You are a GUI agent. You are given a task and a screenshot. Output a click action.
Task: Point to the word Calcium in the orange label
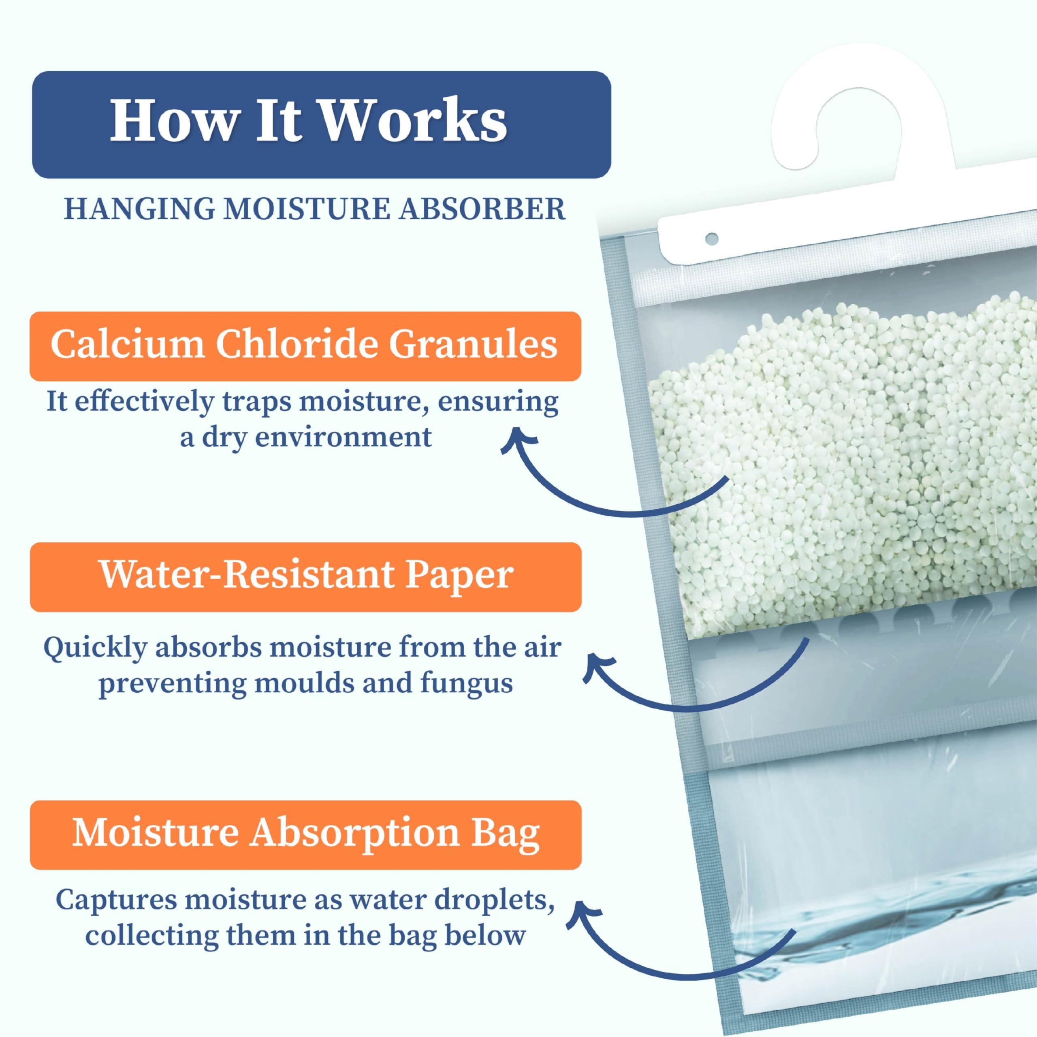click(127, 344)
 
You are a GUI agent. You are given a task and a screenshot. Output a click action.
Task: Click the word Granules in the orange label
click(473, 344)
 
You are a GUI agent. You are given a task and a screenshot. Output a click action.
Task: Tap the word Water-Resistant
click(248, 574)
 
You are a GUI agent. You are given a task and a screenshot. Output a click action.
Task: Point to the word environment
click(343, 437)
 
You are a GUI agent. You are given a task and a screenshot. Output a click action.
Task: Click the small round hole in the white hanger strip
click(712, 238)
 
